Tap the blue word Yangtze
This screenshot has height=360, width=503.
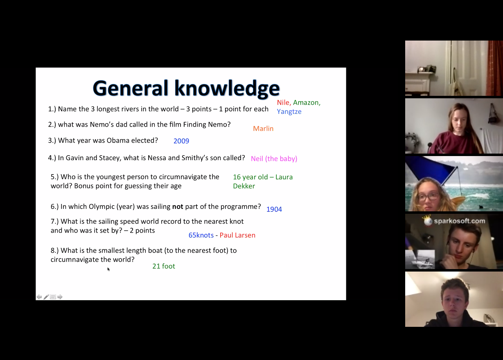pos(289,112)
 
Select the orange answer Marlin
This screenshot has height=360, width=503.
pos(263,129)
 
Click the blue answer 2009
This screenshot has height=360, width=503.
pos(181,141)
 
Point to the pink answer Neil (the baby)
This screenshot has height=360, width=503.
pos(274,158)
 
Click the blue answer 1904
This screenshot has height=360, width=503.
pos(274,209)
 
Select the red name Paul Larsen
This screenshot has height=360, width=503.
pos(237,235)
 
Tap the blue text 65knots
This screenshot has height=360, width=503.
pos(201,235)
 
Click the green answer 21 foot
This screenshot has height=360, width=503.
pos(164,266)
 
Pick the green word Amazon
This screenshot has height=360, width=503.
pos(307,103)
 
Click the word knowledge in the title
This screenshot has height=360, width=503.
pos(227,88)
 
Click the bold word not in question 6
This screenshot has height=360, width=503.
pos(178,206)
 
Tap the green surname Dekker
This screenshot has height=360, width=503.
pos(244,186)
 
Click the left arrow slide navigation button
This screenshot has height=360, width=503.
pos(39,297)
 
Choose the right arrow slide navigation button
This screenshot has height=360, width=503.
pos(60,297)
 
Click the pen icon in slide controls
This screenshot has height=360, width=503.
pos(46,297)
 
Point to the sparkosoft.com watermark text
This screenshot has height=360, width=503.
pos(460,221)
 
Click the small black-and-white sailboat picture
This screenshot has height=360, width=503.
pos(420,260)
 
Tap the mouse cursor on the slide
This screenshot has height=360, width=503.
pos(108,269)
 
